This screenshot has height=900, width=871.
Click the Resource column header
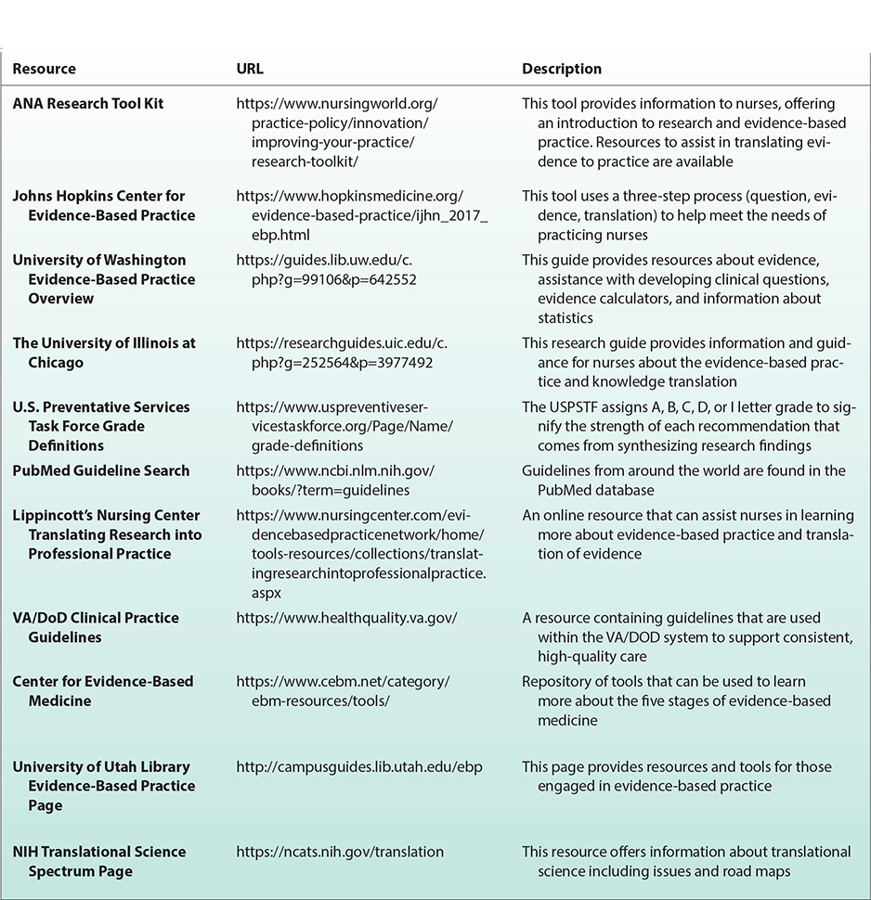44,69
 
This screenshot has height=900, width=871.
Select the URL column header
250,69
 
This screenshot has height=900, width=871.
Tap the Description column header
561,69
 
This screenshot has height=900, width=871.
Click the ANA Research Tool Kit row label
87,104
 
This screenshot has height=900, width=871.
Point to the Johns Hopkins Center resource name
98,205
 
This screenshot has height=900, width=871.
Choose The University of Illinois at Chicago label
103,353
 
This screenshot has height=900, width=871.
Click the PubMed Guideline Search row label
100,470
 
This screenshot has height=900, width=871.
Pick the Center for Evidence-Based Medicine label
102,690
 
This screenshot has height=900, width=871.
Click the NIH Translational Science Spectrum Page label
98,861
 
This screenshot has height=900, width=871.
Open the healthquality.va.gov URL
346,618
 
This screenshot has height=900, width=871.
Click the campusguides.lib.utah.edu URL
359,766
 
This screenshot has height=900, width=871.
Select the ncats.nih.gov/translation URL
340,852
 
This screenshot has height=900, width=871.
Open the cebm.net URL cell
343,690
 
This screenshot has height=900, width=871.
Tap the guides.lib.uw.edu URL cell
342,270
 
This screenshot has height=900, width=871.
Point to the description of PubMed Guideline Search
682,480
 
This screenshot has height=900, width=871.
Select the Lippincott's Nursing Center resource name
107,534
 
